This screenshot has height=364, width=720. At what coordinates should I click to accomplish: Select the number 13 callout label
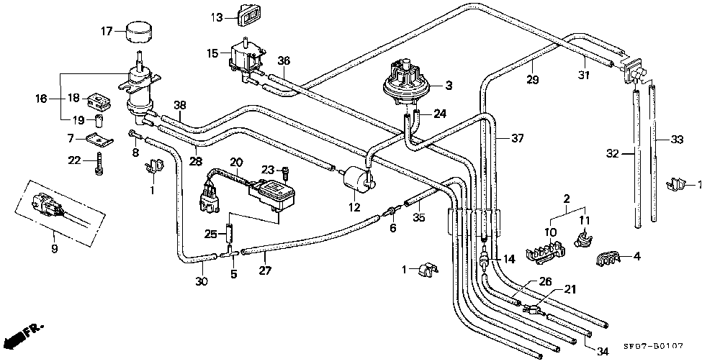point(217,18)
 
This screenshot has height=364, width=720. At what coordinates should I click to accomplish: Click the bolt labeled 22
point(99,164)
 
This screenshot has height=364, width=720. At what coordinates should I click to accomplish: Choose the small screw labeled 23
point(284,173)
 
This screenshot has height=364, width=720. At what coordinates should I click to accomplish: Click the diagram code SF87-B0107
point(653,346)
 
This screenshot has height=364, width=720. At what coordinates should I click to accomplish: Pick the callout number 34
point(603,352)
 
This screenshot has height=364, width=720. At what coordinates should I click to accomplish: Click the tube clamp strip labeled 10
point(545,253)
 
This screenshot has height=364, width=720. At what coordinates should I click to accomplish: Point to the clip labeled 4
point(608,259)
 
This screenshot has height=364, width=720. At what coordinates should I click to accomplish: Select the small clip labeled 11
point(583,238)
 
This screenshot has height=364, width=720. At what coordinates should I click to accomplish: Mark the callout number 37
point(518,137)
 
